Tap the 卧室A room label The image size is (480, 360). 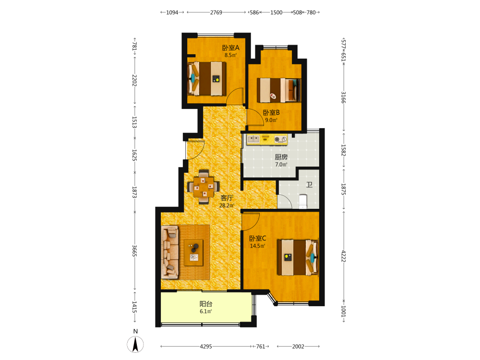(x=231, y=48)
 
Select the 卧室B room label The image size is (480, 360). (x=271, y=113)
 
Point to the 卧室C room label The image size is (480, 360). (x=257, y=238)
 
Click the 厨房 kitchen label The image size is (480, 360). (x=281, y=157)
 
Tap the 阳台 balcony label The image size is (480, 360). (x=206, y=304)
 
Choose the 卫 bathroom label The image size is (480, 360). (x=310, y=185)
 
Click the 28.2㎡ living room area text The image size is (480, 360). (x=227, y=206)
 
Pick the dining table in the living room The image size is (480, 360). (x=204, y=187)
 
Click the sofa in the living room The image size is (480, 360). (x=170, y=252)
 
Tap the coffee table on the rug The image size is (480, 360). (x=193, y=252)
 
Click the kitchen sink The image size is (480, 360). (x=253, y=139)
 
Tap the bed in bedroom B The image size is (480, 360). (x=278, y=90)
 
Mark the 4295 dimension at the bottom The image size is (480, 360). (x=206, y=347)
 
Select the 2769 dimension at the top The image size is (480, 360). (x=216, y=12)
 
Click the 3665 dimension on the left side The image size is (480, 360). (x=134, y=251)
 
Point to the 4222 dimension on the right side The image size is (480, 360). (x=344, y=256)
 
